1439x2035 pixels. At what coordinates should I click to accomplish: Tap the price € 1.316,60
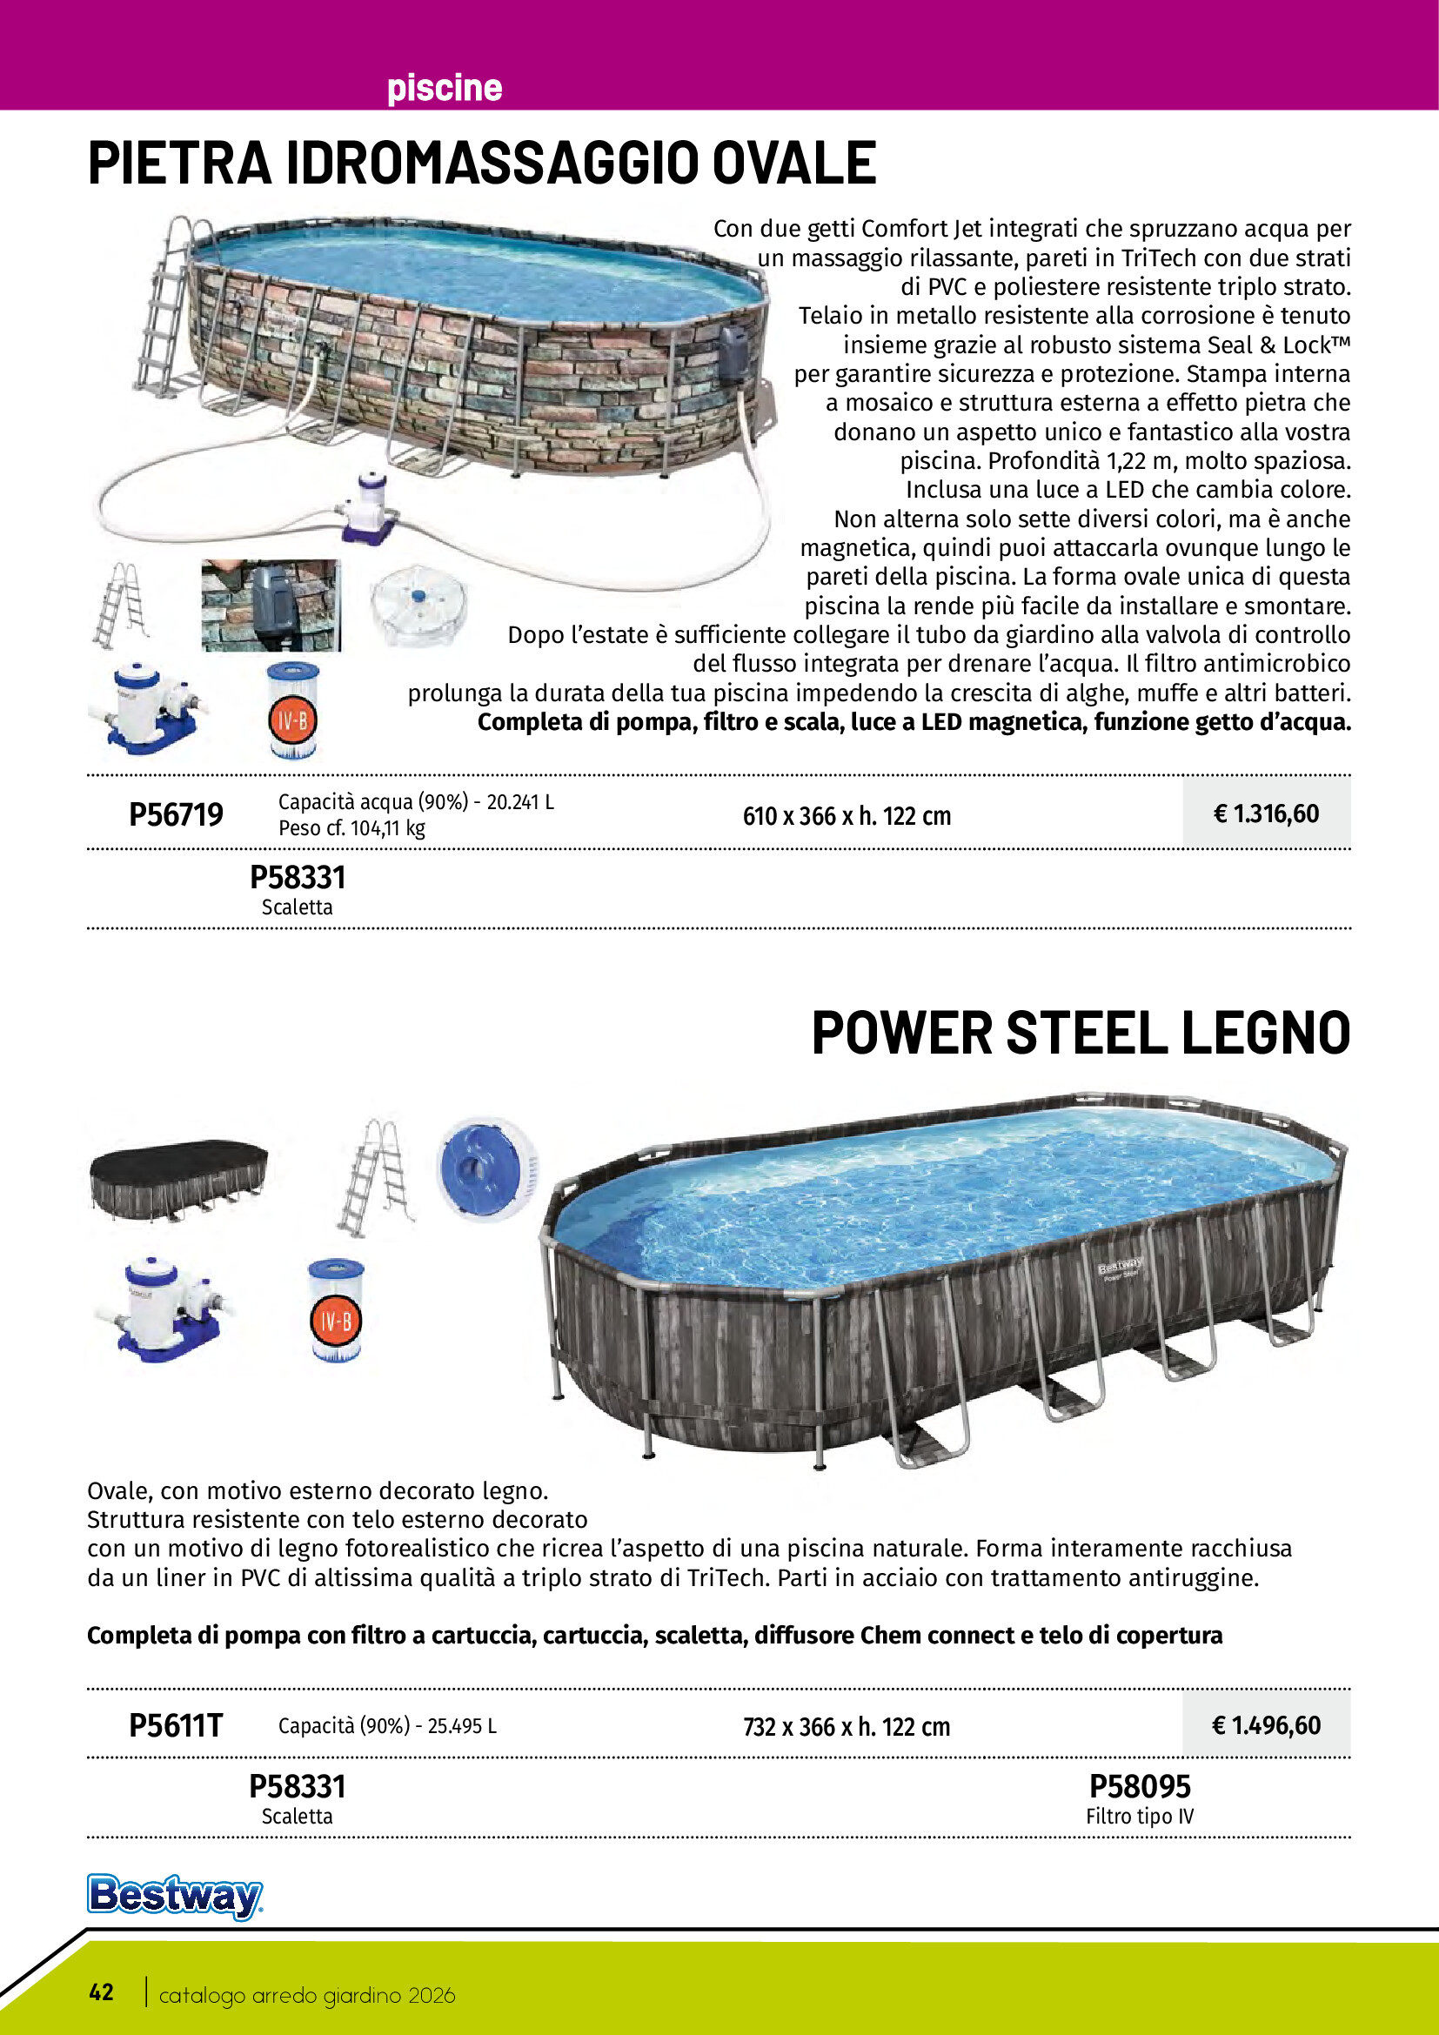[1265, 813]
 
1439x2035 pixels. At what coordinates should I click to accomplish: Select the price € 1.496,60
[1265, 1725]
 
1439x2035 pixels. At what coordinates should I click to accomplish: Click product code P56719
[176, 814]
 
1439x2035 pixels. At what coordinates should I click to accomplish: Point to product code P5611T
[176, 1725]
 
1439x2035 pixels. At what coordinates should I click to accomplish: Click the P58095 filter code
[1140, 1786]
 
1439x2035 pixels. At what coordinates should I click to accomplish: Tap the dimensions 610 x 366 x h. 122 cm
[847, 815]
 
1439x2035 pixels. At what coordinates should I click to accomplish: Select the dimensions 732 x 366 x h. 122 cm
[847, 1726]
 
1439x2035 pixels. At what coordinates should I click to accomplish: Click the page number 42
[101, 1992]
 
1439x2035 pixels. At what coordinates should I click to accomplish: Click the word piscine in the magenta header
[444, 88]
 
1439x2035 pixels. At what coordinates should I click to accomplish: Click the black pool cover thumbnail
[178, 1176]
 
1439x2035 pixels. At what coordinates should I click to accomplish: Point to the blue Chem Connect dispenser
[486, 1168]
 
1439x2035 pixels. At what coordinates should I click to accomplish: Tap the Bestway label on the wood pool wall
[1121, 1269]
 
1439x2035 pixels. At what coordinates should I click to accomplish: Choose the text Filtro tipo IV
[1140, 1816]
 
